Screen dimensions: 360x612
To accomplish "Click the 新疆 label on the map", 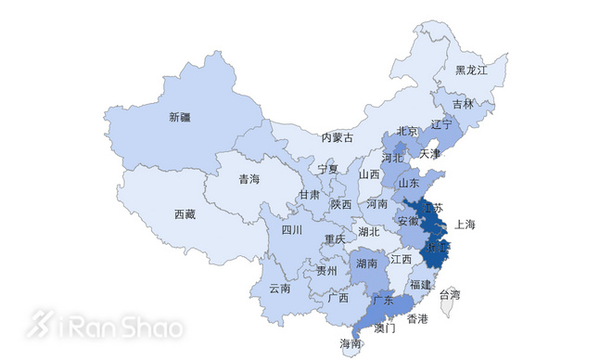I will (181, 118).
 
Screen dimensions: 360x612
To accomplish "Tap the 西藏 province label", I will (185, 214).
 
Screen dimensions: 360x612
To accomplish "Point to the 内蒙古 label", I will (338, 137).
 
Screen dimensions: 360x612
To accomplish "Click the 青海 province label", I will (249, 179).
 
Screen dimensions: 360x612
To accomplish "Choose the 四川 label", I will (292, 229).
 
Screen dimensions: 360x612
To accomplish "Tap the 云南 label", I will (280, 289).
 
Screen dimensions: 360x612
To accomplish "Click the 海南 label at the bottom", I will (351, 344).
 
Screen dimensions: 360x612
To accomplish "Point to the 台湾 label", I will (449, 295).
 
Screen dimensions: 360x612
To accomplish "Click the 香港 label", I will (417, 318).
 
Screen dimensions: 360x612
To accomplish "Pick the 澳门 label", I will (384, 328).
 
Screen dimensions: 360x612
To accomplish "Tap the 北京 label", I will (408, 131).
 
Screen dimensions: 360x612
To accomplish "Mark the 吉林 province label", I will (463, 104).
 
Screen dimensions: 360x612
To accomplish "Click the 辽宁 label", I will (442, 124).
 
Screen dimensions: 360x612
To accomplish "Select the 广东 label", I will (382, 301).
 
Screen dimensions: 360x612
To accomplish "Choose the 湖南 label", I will (366, 264).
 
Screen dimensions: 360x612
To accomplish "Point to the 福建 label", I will (421, 284).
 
